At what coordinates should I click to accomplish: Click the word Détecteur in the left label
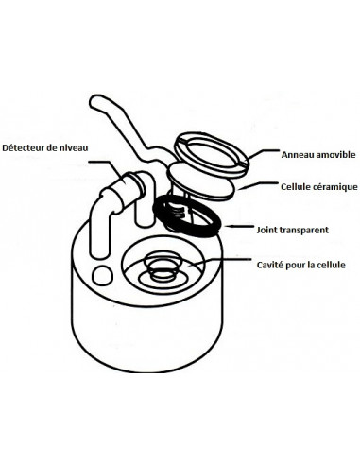tap(23, 147)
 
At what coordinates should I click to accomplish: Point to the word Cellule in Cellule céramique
tap(296, 187)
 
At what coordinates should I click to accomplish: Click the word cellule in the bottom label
tap(332, 265)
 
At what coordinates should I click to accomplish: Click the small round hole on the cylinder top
tap(102, 276)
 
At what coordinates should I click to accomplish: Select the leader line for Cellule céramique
tap(258, 185)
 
